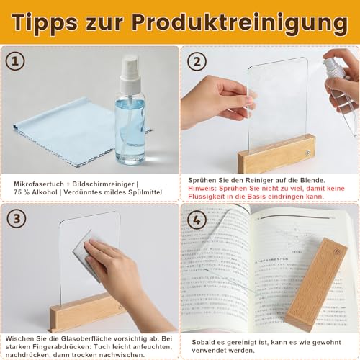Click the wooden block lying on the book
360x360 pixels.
click(317, 284)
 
